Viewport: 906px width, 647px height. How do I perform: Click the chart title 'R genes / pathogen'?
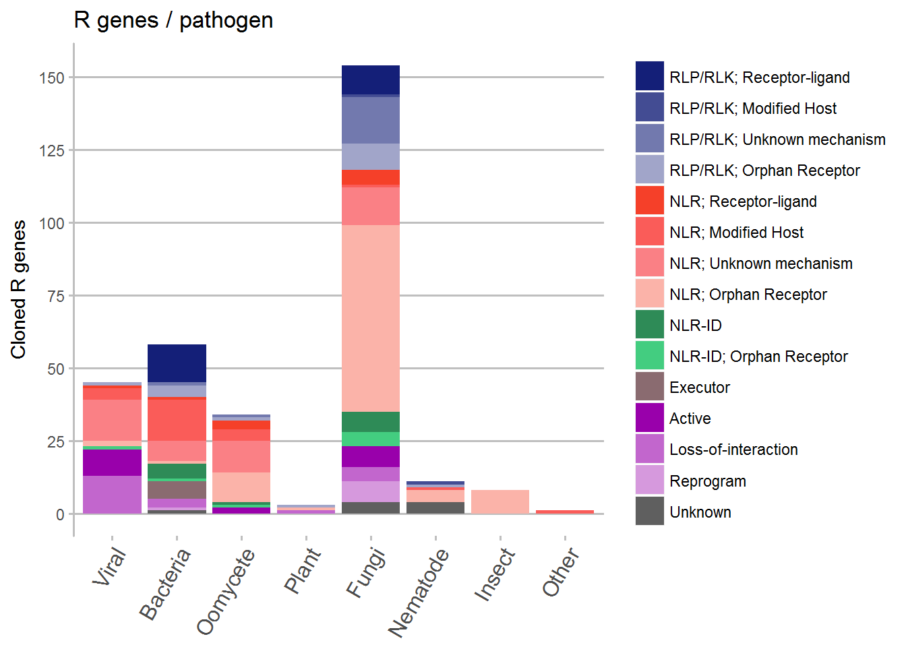point(173,20)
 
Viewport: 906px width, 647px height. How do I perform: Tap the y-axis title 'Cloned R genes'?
point(19,289)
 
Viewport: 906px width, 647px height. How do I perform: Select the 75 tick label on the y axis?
point(56,297)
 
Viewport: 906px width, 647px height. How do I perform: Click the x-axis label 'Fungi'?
point(365,573)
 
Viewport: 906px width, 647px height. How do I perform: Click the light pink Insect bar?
point(500,502)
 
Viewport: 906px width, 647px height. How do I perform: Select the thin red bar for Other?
point(564,512)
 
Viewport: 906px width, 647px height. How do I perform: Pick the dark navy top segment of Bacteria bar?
point(177,363)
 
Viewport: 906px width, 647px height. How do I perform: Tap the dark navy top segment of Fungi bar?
point(370,80)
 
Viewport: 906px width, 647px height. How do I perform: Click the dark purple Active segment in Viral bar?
point(112,462)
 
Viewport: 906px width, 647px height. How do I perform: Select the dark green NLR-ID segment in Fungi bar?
point(370,422)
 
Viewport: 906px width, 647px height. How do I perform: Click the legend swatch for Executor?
point(649,387)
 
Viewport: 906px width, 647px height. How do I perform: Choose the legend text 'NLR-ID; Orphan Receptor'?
point(758,357)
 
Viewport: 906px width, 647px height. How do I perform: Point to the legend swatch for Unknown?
point(649,512)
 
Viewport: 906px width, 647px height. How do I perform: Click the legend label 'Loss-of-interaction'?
point(733,450)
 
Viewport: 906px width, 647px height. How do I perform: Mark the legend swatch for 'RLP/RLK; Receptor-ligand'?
point(649,76)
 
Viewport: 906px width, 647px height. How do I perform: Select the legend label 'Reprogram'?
point(707,481)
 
